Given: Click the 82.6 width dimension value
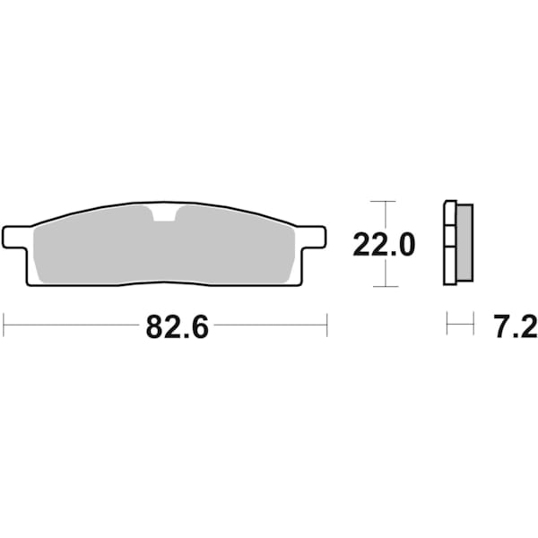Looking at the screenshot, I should (x=177, y=328).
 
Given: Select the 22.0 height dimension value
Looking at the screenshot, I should (x=384, y=244).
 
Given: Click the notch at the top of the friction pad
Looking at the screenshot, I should (x=164, y=213).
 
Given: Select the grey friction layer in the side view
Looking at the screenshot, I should (x=464, y=241).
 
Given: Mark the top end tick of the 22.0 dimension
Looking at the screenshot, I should (x=384, y=201).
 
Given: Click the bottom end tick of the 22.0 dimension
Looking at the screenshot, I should (x=384, y=287).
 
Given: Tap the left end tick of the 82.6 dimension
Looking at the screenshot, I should (x=4, y=325).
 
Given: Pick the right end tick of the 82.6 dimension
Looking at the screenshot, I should (x=327, y=325).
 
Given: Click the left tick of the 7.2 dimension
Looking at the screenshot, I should (x=447, y=324).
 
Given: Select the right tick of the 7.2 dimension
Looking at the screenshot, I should (x=473, y=324).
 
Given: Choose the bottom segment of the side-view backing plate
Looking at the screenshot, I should (x=451, y=266).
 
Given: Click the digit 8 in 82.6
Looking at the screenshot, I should (x=154, y=328).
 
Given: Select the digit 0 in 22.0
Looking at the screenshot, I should (x=405, y=244).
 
